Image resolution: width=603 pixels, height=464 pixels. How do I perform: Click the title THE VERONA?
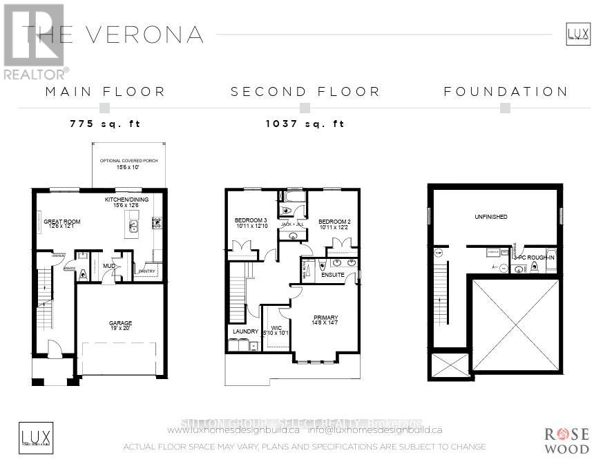(x=114, y=35)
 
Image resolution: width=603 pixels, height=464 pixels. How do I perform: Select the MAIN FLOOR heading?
(x=105, y=91)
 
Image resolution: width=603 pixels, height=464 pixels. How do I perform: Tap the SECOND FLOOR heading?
(x=305, y=91)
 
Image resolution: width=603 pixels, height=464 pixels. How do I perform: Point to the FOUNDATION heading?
(x=506, y=91)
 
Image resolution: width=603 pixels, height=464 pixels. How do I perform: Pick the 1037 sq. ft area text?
(x=305, y=124)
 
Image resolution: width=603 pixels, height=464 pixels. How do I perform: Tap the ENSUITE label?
(x=333, y=275)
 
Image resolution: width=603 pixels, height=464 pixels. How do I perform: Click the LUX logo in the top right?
(x=577, y=33)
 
